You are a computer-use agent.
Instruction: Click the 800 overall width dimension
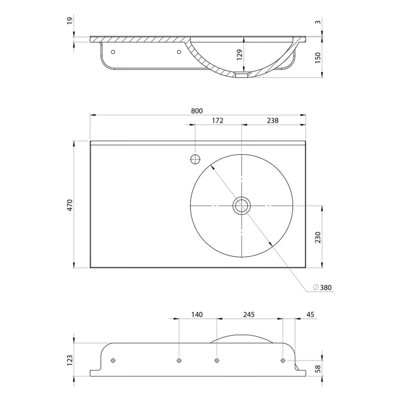coord(196,111)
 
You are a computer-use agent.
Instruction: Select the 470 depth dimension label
coord(70,205)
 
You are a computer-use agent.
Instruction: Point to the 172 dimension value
coord(218,120)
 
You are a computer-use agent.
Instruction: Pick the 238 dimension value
coord(273,120)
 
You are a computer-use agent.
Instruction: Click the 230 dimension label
coord(318,237)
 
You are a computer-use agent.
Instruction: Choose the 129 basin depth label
coord(240,55)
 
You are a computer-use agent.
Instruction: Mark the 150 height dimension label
coord(318,58)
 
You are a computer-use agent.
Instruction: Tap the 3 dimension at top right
coord(318,22)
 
